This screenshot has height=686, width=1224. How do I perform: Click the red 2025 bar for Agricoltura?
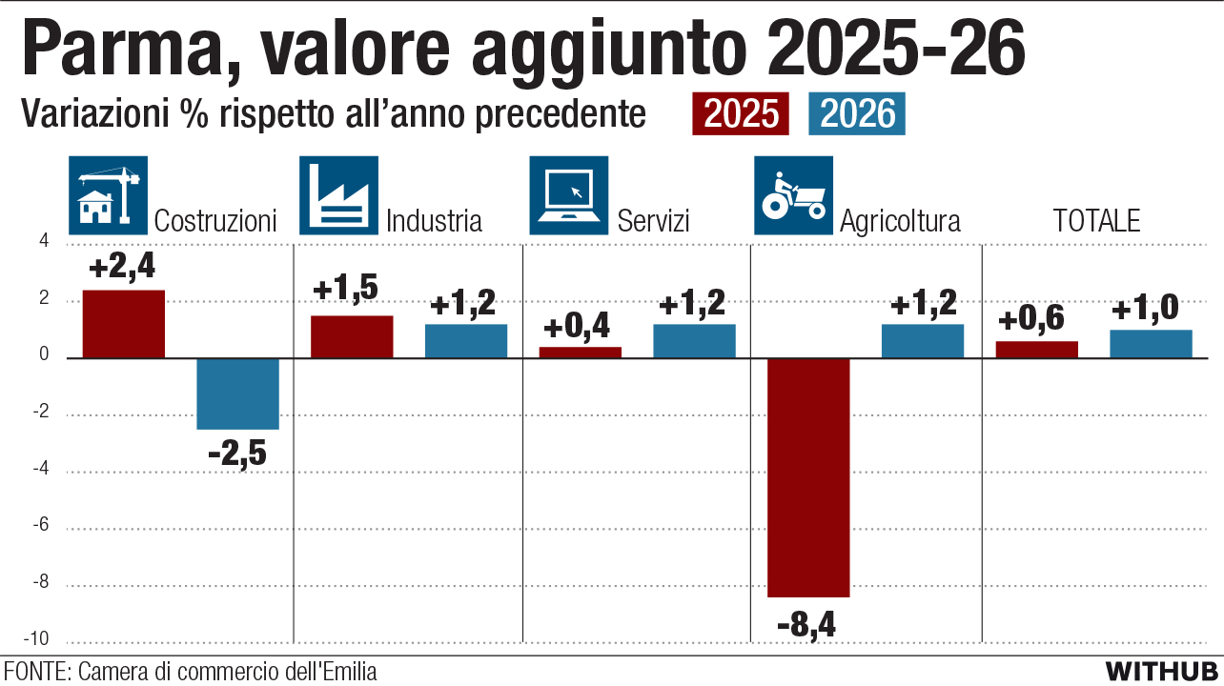click(x=808, y=477)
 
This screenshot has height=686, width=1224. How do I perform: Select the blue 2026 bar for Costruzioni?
click(x=237, y=393)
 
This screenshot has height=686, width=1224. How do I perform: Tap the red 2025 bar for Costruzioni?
click(x=124, y=324)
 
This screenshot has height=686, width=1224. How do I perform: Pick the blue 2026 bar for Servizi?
click(x=694, y=341)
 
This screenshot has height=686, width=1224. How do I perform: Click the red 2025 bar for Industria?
click(x=352, y=336)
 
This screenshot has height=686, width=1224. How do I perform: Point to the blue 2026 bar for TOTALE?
click(x=1151, y=344)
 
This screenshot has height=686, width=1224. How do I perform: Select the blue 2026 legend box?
click(x=857, y=114)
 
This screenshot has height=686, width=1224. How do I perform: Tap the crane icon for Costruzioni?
click(x=109, y=195)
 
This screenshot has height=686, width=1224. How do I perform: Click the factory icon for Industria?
click(x=338, y=195)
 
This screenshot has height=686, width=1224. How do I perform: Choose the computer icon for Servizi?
click(x=569, y=195)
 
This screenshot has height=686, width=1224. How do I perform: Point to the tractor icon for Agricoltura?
click(x=793, y=195)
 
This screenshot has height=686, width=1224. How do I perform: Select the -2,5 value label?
click(x=237, y=453)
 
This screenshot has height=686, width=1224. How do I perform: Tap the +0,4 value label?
click(x=580, y=328)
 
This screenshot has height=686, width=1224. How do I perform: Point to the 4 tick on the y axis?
click(x=43, y=244)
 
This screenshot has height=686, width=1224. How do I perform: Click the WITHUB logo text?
click(x=1162, y=670)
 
